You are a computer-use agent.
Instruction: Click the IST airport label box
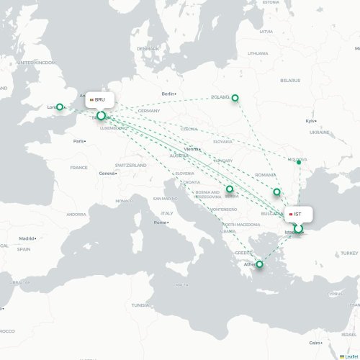(298, 214)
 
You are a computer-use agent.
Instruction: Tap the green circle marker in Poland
(235, 98)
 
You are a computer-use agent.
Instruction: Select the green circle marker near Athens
(260, 266)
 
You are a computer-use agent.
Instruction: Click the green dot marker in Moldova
(299, 162)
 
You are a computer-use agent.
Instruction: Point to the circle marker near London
(61, 107)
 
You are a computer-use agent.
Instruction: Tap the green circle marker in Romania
(276, 192)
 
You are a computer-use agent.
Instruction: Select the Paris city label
(78, 141)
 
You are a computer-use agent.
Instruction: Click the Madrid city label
(27, 238)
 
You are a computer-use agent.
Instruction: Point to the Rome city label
(160, 222)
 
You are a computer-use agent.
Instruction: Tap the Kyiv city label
(310, 121)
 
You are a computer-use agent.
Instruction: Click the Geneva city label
(107, 174)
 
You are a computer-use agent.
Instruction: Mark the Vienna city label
(191, 149)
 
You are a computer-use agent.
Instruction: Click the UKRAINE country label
(320, 132)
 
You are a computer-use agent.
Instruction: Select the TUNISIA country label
(140, 305)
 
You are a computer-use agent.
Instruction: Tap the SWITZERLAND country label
(130, 165)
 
